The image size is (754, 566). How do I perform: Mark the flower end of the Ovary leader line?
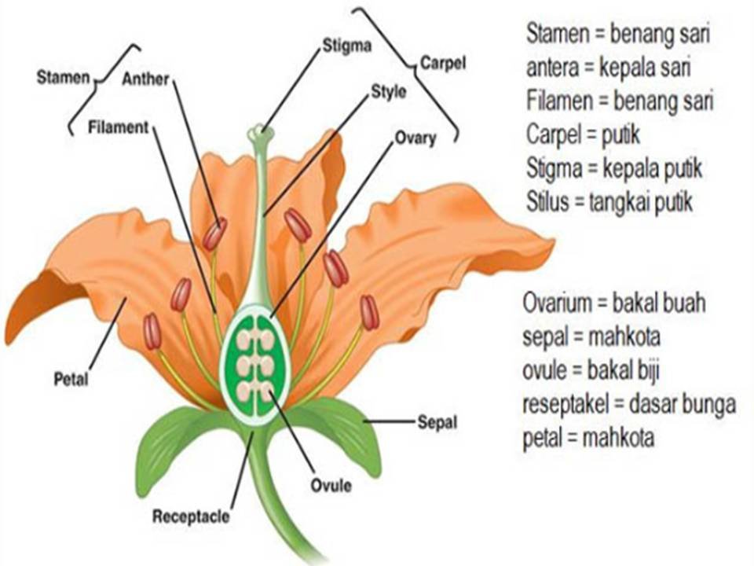272,317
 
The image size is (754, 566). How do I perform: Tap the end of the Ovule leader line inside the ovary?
269,391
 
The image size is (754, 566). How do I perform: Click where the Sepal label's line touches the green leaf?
364,421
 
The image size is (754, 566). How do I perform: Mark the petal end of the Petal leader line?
126,299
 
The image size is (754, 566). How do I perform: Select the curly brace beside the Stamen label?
104,90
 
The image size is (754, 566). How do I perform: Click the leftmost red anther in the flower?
152,331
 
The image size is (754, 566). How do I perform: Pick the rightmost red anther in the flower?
369,312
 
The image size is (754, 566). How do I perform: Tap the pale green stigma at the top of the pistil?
261,133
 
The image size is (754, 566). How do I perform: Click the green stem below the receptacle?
279,501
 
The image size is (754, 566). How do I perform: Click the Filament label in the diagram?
119,127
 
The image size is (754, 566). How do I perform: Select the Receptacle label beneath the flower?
191,516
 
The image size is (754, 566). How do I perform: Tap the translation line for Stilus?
609,202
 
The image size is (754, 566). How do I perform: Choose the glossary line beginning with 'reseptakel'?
629,404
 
